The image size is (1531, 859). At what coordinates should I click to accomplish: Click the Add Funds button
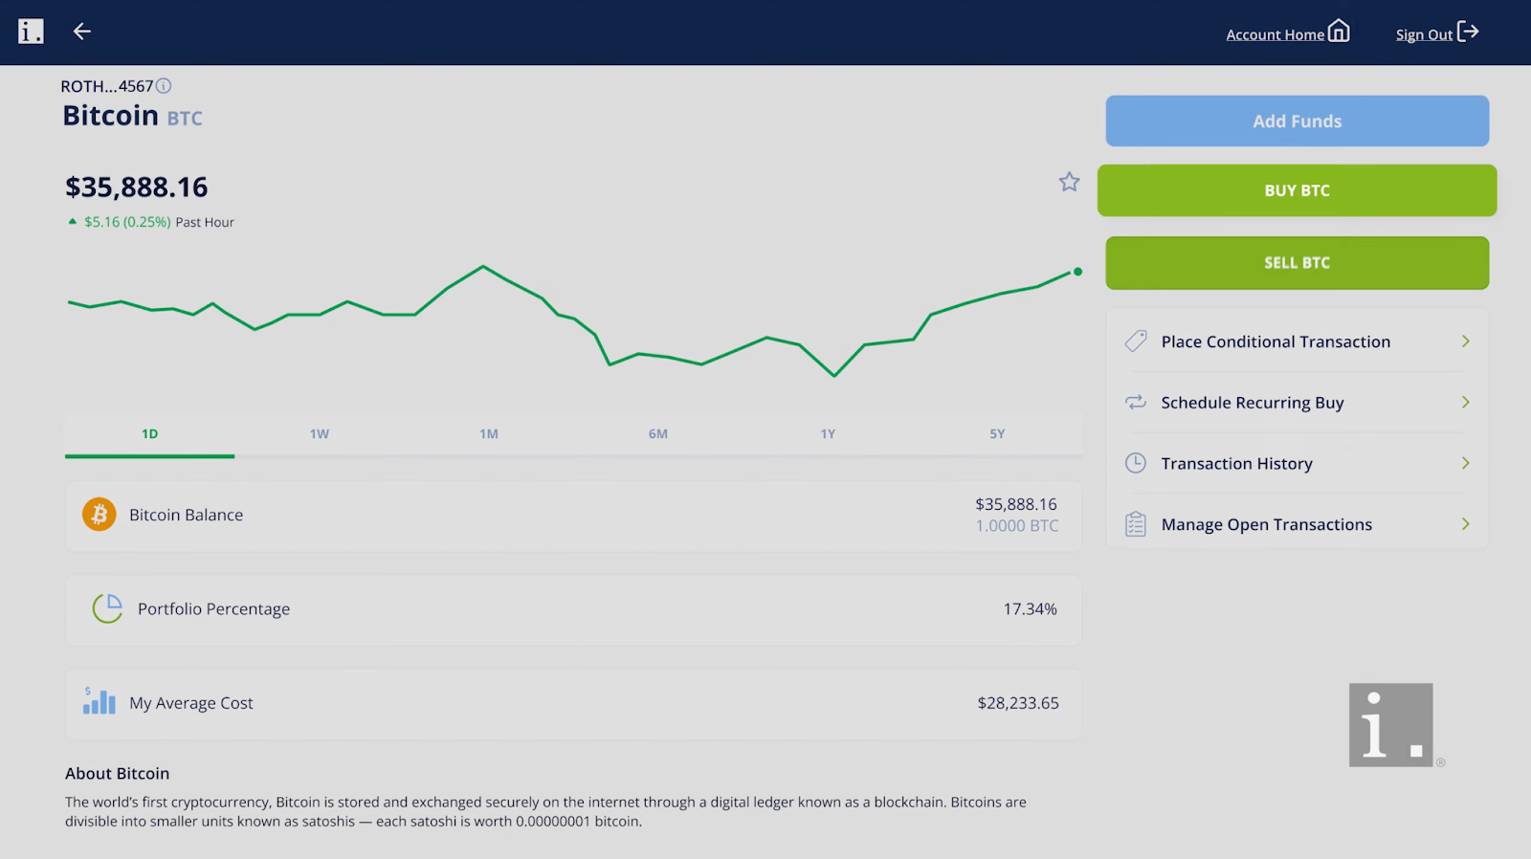coord(1297,121)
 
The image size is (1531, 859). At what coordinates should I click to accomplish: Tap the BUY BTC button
coord(1297,190)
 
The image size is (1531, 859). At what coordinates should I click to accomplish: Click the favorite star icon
coord(1069,182)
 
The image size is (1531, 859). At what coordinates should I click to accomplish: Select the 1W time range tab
coord(320,434)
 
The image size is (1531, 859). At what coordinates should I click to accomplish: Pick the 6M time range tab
coord(658,434)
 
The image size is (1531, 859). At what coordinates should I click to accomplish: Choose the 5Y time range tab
coord(997,434)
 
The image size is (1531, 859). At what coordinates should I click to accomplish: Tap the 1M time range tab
coord(489,434)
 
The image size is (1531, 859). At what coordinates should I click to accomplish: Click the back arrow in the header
coord(82,32)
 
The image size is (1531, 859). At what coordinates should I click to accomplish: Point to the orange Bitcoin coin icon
coord(99,515)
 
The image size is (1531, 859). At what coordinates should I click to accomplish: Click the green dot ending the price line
coord(1077,272)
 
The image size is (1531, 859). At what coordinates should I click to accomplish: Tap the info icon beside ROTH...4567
coord(164,86)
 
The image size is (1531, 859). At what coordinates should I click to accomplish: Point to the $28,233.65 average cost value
coord(1018,703)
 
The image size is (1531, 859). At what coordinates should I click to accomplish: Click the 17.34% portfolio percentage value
coord(1030,609)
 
